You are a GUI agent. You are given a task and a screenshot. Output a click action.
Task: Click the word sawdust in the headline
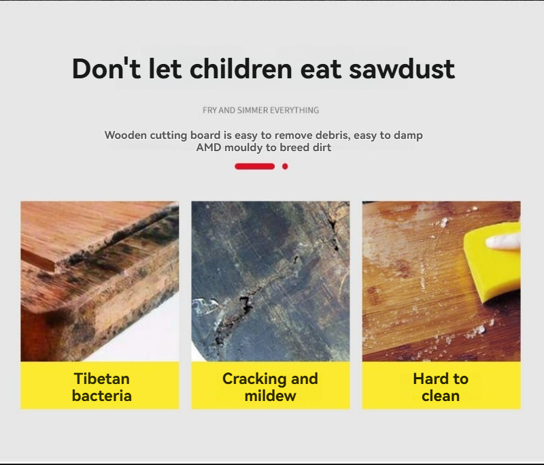(x=402, y=68)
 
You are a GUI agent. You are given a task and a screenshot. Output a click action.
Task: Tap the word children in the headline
(x=241, y=68)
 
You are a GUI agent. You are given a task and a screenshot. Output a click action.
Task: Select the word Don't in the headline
(x=106, y=68)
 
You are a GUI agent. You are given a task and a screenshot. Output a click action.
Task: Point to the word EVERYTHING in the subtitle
(x=294, y=110)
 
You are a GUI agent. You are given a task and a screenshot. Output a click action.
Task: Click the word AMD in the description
(x=209, y=147)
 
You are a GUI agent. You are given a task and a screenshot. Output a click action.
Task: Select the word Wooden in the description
(x=126, y=135)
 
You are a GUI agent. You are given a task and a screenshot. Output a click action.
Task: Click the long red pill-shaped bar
(x=254, y=167)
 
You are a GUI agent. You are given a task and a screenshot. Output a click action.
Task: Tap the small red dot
(x=285, y=167)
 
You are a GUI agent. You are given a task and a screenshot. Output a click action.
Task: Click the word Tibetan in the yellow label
(x=101, y=379)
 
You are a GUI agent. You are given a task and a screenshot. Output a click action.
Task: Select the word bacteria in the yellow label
(x=101, y=396)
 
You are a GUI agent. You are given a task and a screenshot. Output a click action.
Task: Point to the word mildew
(x=270, y=396)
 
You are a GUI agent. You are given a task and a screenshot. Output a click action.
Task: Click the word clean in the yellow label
(x=441, y=396)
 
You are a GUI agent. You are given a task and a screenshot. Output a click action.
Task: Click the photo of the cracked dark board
(x=271, y=281)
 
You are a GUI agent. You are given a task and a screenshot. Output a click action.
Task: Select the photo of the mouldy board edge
(x=100, y=281)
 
